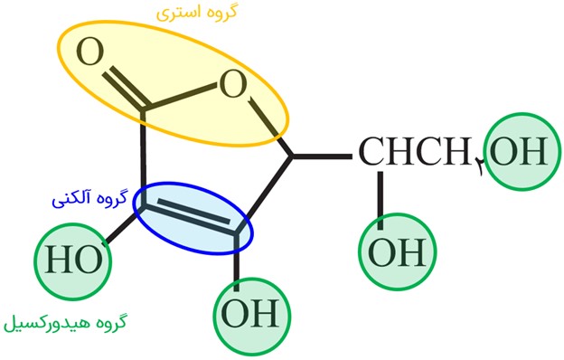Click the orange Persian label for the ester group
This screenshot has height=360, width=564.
click(x=197, y=13)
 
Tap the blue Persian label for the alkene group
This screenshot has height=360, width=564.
click(x=89, y=199)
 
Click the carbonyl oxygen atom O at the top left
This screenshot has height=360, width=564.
click(x=89, y=52)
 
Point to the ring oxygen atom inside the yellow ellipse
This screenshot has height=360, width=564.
click(x=233, y=84)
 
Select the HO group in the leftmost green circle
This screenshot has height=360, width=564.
click(x=73, y=260)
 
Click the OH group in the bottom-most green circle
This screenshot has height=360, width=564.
click(x=250, y=314)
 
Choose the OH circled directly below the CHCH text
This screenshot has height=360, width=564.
click(x=397, y=252)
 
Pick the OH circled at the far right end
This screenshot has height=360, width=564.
click(x=519, y=151)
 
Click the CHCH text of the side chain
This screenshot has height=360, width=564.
click(x=416, y=151)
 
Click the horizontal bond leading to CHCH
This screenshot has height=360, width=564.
click(x=322, y=156)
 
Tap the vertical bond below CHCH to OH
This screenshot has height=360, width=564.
click(x=381, y=200)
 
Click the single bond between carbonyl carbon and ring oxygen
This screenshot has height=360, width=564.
click(x=181, y=96)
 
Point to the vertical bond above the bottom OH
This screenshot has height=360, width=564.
click(x=236, y=261)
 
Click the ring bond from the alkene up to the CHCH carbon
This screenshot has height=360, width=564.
click(x=264, y=194)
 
